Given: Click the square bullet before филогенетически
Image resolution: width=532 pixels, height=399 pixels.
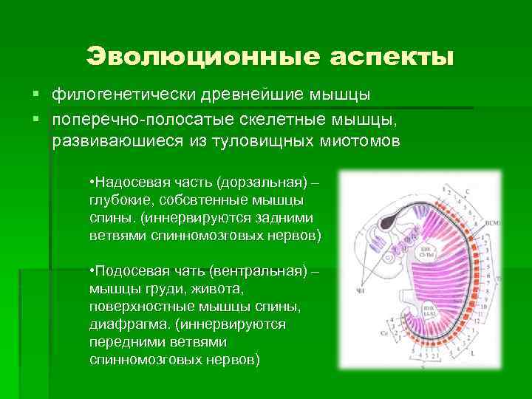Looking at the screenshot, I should (35, 95).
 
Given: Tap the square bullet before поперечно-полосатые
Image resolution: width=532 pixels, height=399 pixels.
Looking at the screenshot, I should (35, 119).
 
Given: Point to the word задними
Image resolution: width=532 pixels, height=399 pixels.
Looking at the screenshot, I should (284, 218).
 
